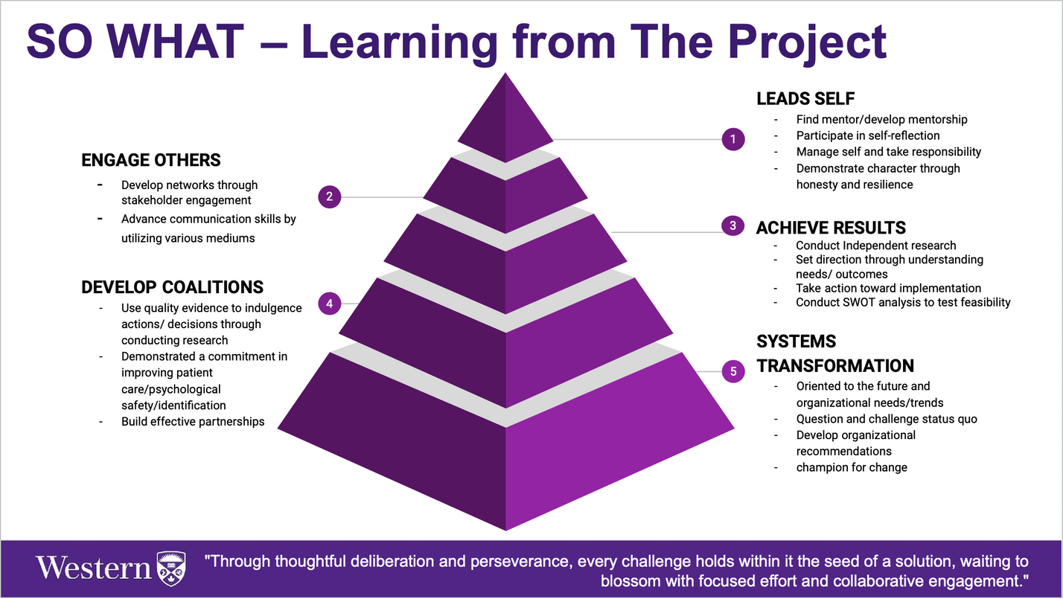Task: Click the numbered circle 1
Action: (732, 139)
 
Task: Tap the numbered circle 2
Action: (329, 197)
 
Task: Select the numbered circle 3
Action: (732, 225)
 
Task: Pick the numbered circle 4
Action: (329, 304)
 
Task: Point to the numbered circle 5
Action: (733, 371)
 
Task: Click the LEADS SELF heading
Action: (805, 99)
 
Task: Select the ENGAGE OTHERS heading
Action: (151, 160)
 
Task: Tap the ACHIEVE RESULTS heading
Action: (831, 228)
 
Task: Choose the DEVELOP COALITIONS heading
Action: (172, 287)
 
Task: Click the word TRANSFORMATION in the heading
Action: (835, 365)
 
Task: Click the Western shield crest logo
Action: (171, 568)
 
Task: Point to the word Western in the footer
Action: (94, 568)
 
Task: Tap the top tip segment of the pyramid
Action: (505, 118)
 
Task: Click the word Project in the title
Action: (802, 42)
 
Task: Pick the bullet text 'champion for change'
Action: (852, 467)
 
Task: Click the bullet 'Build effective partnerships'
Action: (193, 422)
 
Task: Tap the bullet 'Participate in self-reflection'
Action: (867, 135)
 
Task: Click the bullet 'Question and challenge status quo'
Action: (887, 419)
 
